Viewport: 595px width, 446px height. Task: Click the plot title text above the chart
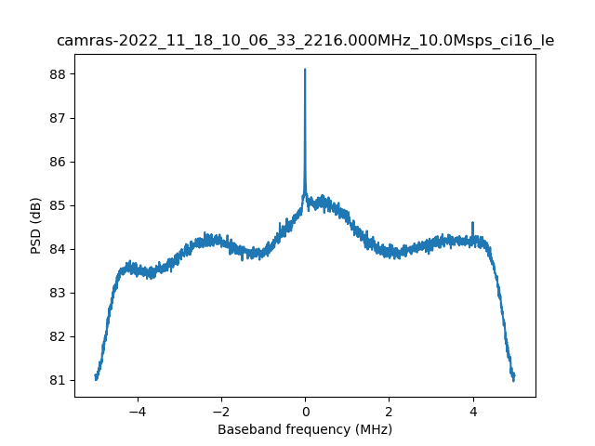pyautogui.click(x=305, y=41)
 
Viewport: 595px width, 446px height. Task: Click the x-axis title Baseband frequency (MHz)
pyautogui.click(x=305, y=429)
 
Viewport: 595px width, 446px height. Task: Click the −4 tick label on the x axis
pyautogui.click(x=137, y=411)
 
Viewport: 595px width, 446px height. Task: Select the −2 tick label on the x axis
pyautogui.click(x=220, y=411)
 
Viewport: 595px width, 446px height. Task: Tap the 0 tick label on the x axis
pyautogui.click(x=305, y=411)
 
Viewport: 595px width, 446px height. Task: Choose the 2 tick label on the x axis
pyautogui.click(x=389, y=411)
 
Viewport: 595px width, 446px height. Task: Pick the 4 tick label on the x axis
pyautogui.click(x=473, y=411)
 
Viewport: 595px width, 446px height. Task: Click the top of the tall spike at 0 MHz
pyautogui.click(x=305, y=70)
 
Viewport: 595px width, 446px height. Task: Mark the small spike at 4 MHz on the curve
pyautogui.click(x=473, y=223)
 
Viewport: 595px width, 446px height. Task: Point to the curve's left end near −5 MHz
pyautogui.click(x=96, y=377)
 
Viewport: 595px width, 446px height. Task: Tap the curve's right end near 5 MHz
pyautogui.click(x=513, y=377)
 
